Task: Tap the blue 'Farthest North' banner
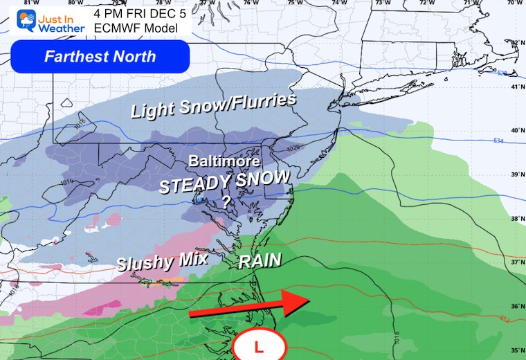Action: [x=100, y=56]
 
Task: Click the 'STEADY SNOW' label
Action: [x=224, y=181]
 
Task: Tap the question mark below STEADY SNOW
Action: [x=226, y=201]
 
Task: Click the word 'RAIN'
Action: [x=260, y=261]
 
